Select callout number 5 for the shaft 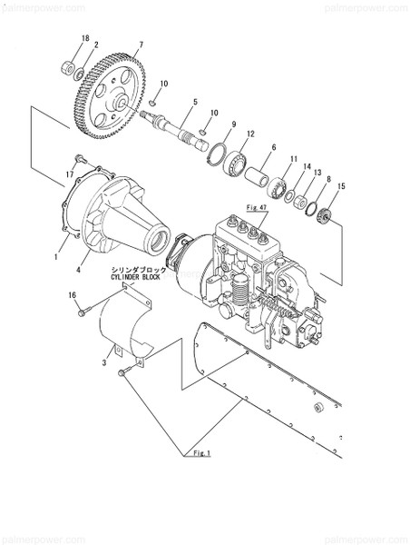194,103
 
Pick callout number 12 250,134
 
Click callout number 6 273,146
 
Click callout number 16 72,295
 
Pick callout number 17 69,172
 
